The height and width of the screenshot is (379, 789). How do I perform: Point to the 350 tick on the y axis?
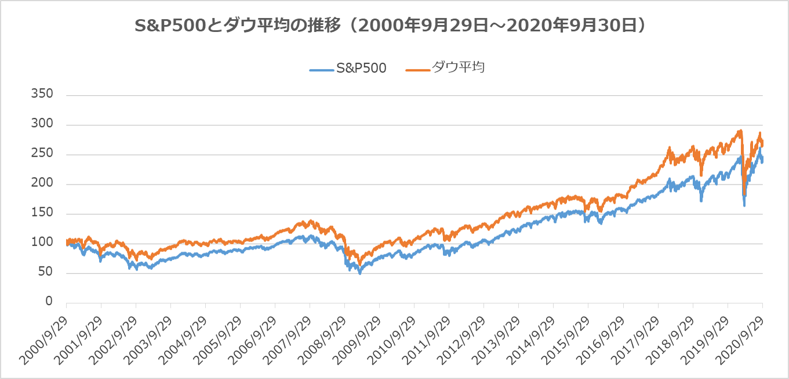pos(43,94)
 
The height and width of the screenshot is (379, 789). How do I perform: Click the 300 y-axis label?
pos(43,124)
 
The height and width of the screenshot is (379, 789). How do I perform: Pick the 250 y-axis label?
pos(43,154)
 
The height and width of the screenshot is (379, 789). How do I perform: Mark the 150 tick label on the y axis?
pos(43,213)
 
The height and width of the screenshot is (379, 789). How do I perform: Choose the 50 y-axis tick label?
pos(46,272)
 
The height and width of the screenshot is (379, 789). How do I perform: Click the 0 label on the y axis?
pos(49,302)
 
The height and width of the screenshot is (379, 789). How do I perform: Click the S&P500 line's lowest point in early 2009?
pos(360,273)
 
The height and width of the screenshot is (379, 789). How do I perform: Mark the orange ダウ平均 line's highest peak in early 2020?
pos(740,131)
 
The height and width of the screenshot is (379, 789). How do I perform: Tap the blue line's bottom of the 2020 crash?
pos(744,205)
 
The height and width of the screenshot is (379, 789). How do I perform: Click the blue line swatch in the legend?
pos(322,69)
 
